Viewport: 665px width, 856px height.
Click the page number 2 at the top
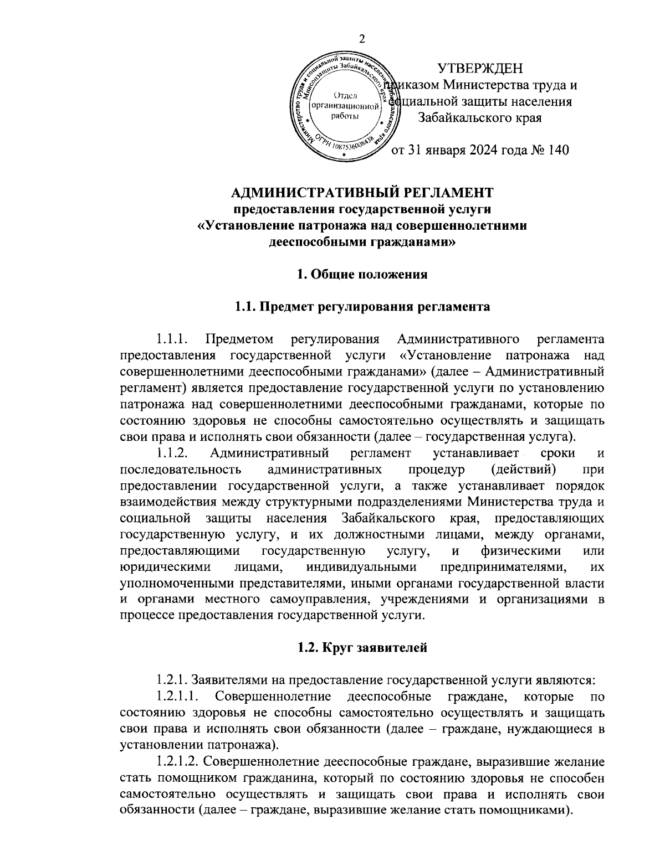[x=362, y=39]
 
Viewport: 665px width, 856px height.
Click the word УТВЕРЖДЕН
[x=480, y=68]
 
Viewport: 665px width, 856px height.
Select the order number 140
[x=557, y=150]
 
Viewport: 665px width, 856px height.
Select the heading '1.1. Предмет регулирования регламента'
[x=362, y=307]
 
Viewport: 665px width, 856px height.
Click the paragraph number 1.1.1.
[x=173, y=338]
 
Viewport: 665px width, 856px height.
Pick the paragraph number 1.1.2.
[x=173, y=453]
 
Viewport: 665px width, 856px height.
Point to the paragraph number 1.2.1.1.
[x=178, y=695]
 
